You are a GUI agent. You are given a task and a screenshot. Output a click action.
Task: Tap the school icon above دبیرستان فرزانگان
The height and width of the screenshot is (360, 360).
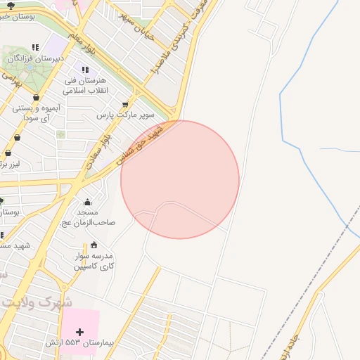click(35, 47)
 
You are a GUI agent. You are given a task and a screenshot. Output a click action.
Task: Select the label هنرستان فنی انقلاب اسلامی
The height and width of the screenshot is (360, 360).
click(84, 86)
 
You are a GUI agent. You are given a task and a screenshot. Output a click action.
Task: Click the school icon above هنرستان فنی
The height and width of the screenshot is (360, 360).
click(85, 70)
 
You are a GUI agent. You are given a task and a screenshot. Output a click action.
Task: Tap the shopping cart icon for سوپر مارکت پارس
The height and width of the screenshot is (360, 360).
click(126, 103)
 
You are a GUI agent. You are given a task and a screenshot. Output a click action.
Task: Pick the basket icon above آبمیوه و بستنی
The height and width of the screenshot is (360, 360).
click(37, 98)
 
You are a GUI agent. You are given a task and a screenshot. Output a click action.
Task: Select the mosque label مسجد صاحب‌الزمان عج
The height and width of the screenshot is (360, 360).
click(88, 217)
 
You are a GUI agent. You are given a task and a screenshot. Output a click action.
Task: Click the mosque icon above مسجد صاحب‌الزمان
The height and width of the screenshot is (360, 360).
click(87, 202)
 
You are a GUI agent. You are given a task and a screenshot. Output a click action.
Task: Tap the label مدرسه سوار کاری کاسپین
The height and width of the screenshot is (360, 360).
click(96, 262)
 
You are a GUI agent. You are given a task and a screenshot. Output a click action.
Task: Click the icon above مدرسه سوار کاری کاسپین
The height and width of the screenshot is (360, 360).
click(94, 245)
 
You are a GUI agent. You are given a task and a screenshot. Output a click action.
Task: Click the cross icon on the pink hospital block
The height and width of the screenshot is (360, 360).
click(79, 332)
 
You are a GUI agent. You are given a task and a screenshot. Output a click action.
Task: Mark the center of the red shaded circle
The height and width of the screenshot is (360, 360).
click(180, 179)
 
